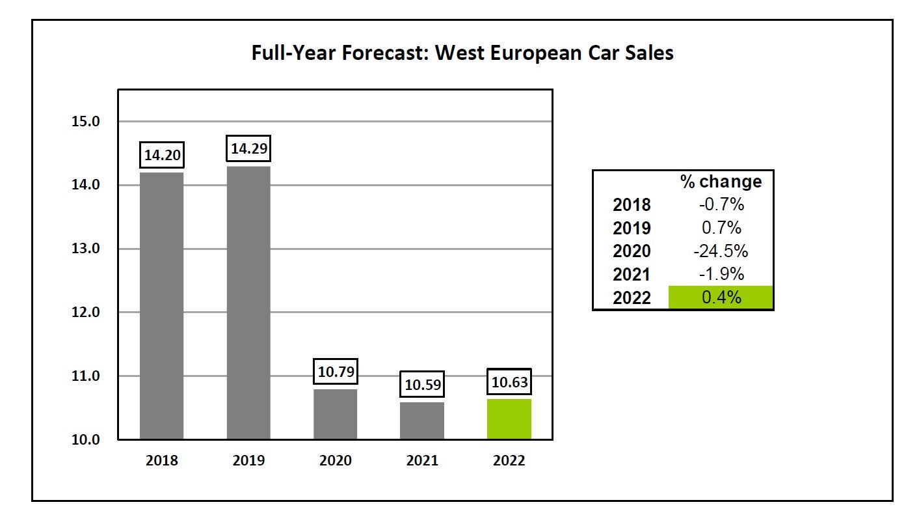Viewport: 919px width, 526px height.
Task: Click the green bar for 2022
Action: coord(509,419)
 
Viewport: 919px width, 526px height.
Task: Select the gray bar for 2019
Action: coord(248,303)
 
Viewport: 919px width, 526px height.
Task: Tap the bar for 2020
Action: coord(335,414)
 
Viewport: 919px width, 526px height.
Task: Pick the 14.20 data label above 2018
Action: coord(162,156)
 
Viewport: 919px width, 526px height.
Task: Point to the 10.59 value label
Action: coord(423,385)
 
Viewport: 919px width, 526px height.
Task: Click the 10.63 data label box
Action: coord(509,382)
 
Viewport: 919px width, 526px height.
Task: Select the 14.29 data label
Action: coord(248,149)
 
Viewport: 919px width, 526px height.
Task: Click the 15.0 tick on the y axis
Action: coord(86,122)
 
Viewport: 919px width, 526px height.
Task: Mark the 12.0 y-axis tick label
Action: coord(86,312)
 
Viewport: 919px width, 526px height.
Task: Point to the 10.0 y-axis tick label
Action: coord(86,439)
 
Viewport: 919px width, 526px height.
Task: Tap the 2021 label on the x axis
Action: coord(422,461)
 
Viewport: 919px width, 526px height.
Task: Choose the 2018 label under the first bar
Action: coord(161,461)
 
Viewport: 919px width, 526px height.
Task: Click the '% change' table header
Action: coord(721,182)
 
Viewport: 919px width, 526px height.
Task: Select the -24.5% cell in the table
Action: coord(721,251)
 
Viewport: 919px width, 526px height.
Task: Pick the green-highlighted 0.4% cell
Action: coord(721,298)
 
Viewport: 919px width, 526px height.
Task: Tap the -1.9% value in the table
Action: coord(721,274)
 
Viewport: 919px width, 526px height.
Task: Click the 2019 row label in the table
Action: coord(632,228)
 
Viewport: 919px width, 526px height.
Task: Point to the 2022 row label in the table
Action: coord(632,298)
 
